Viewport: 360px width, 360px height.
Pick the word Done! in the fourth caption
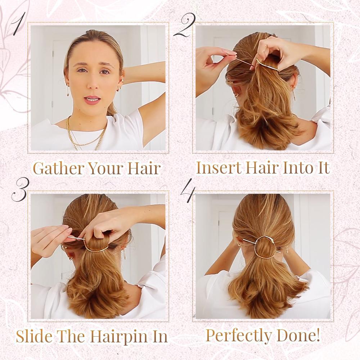(x=301, y=335)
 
